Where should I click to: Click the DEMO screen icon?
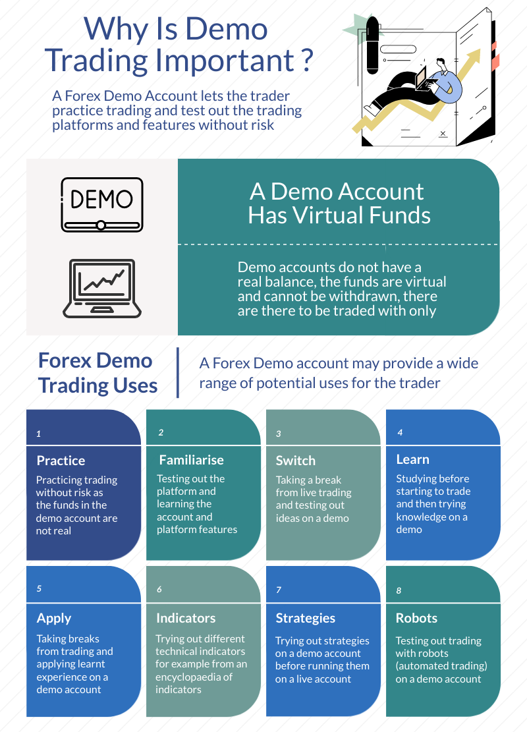tap(101, 204)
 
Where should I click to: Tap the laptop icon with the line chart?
tap(101, 287)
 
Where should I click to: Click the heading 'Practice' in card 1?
tap(61, 461)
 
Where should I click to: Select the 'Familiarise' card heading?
tap(191, 460)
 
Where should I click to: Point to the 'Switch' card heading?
tap(296, 461)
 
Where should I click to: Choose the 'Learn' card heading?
tap(412, 459)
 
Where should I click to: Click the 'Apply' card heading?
tap(54, 618)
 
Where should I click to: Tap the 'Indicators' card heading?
tap(186, 618)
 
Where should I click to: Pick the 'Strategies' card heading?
tap(305, 618)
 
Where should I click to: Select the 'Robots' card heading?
tap(416, 618)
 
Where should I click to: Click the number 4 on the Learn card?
tap(400, 433)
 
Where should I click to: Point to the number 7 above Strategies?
tap(279, 590)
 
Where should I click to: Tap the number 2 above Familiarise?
tap(161, 433)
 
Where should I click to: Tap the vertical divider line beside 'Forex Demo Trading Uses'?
tap(178, 372)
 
